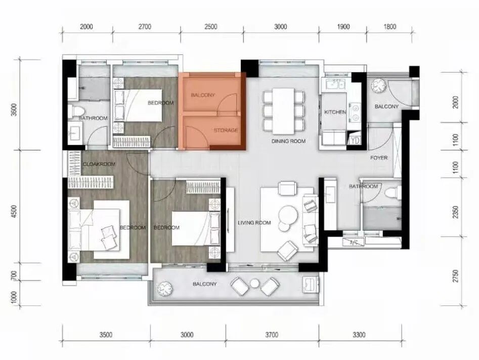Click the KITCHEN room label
coord(335,112)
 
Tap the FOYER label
coord(379,158)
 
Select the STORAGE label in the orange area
coord(226,130)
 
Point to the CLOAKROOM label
coord(99,164)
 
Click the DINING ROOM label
coord(288,141)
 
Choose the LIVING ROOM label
coord(254,222)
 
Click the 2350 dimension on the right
coord(455,212)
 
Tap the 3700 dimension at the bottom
coord(272,335)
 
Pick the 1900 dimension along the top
coord(343,27)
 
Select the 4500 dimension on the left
coord(14,212)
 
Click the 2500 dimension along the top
coord(211,27)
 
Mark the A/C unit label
coord(354,243)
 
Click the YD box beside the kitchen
coord(355,141)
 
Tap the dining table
coord(283,111)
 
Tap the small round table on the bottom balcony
coord(254,284)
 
